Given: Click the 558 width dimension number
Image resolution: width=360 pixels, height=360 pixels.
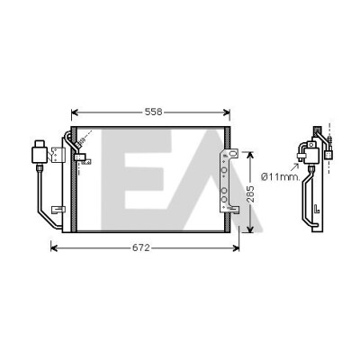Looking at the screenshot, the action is (153, 112).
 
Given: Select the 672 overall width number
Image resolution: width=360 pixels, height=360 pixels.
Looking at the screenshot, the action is (141, 247).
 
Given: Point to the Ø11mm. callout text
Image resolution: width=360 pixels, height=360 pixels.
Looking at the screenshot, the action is (280, 177).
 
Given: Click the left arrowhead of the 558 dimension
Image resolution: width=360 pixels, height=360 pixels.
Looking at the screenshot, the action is (75, 112).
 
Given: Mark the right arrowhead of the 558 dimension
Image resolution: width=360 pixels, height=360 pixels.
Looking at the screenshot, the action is (227, 112).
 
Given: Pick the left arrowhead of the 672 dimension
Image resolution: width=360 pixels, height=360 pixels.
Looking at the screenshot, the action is (54, 247).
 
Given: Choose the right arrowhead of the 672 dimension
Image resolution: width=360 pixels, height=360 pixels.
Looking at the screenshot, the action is (236, 247).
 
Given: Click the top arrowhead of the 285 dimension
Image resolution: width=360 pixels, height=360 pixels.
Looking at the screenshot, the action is (249, 156).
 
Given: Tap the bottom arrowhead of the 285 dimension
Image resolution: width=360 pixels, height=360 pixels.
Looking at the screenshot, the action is (249, 229).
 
